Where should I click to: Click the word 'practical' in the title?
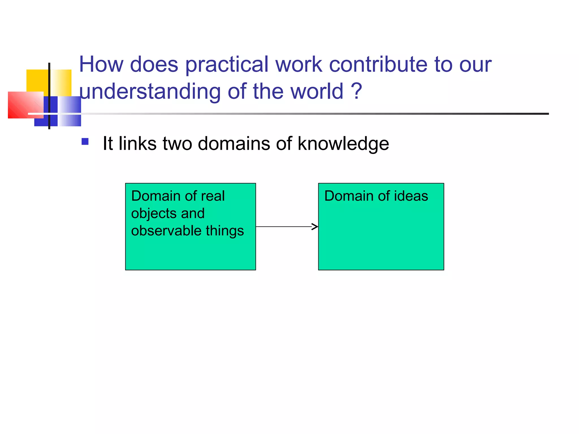pos(226,65)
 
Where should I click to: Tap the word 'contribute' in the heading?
pos(378,64)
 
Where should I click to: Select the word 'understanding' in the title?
pos(150,92)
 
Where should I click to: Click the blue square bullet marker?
pos(85,141)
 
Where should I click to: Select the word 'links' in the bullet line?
pos(137,143)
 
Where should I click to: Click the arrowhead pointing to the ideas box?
pos(315,227)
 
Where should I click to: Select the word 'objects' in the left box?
pos(154,213)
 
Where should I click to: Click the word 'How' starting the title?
pos(101,64)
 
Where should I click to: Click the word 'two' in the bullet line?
pos(177,143)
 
